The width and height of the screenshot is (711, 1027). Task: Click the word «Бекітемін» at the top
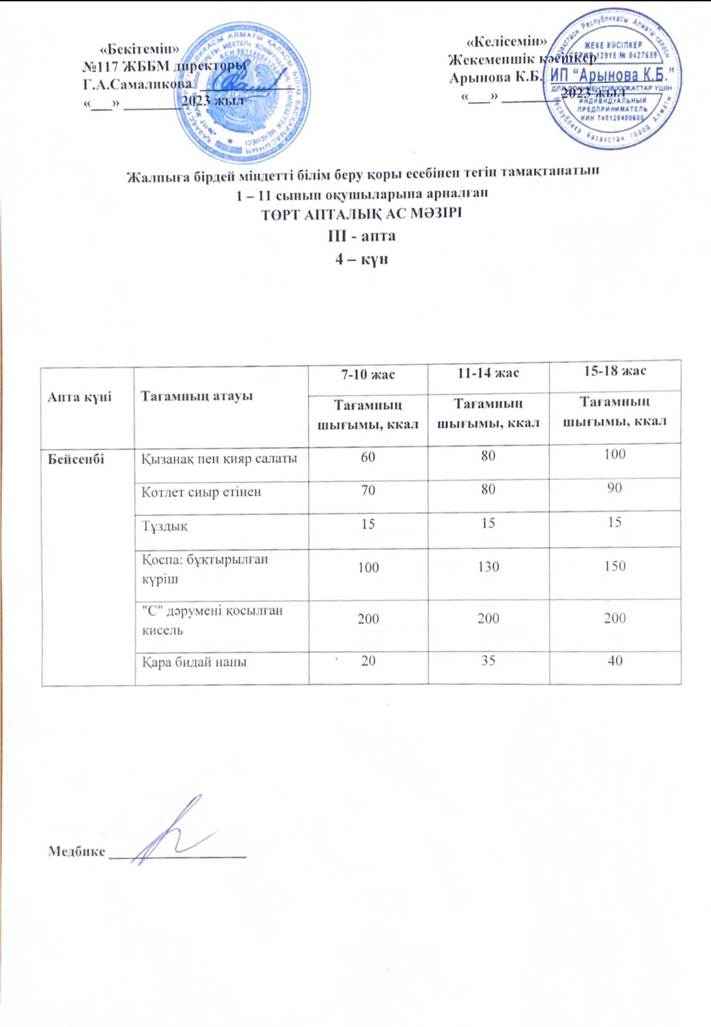click(140, 48)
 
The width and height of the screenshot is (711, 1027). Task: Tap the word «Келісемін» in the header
click(506, 41)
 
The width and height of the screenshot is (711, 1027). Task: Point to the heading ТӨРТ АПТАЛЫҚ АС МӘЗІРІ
click(361, 214)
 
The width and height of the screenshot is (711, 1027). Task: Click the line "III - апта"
click(361, 236)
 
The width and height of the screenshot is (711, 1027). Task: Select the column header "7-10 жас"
click(368, 374)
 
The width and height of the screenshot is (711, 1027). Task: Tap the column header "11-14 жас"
click(488, 372)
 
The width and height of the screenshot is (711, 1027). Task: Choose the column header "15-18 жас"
click(614, 370)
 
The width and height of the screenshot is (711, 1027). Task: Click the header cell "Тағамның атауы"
click(196, 396)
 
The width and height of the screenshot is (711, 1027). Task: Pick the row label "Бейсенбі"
click(76, 459)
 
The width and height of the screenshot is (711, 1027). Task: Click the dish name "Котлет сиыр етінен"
click(201, 492)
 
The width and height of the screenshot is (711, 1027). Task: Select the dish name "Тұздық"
click(164, 526)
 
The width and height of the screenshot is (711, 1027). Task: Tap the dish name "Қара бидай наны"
click(194, 662)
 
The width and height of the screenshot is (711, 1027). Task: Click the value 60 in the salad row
click(368, 456)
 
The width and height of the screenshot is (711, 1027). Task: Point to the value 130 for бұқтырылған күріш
click(488, 567)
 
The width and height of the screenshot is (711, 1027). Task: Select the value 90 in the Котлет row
click(614, 488)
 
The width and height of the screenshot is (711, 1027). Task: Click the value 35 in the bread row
click(488, 660)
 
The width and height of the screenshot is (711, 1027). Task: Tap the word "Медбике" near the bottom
click(76, 852)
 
